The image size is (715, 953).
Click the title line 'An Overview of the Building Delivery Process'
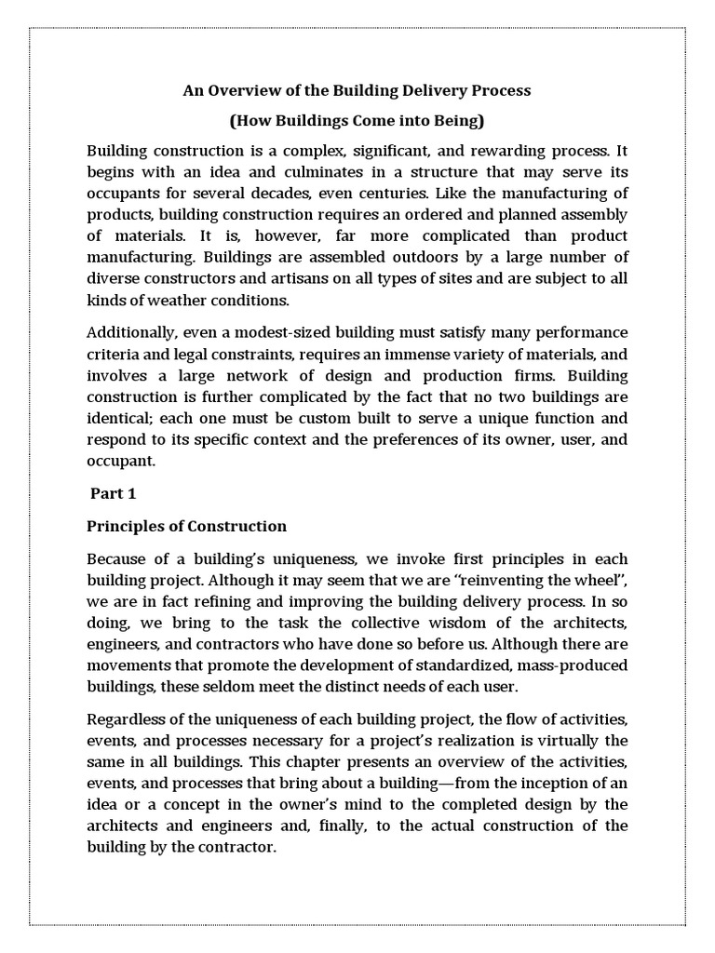[x=357, y=90]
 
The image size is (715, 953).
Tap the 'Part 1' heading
[x=113, y=493]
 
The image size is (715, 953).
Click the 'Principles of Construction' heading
[x=186, y=526]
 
